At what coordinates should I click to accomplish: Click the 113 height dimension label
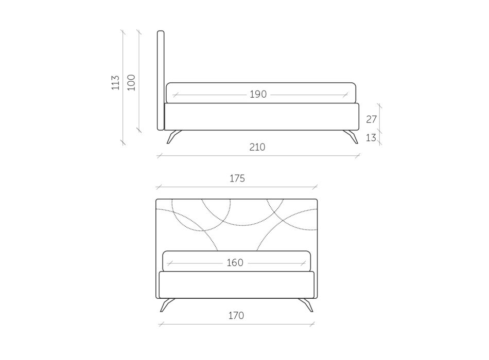(115, 82)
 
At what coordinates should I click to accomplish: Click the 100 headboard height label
(132, 82)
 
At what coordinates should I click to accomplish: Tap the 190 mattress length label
(258, 94)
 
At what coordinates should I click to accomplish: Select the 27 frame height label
(371, 119)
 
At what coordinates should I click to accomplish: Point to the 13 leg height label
(371, 137)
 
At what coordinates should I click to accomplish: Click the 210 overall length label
(257, 147)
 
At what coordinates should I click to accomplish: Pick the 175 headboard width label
(237, 178)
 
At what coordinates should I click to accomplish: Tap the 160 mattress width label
(235, 263)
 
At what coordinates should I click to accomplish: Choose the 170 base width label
(236, 315)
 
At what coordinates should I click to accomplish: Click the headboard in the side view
(161, 80)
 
